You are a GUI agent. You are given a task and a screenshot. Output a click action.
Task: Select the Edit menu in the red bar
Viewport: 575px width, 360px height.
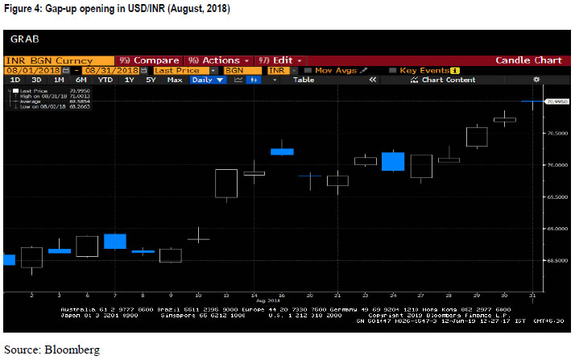point(283,60)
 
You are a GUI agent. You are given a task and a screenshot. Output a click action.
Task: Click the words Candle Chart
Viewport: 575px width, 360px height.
point(528,60)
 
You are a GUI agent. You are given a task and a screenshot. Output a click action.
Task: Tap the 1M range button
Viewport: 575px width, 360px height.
point(59,80)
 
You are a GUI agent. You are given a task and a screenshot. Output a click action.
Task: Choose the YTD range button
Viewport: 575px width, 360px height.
point(105,80)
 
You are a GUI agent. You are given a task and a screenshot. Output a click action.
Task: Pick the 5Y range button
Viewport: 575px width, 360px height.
point(151,80)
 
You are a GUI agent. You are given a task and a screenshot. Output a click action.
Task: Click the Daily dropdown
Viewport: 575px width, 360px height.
point(208,80)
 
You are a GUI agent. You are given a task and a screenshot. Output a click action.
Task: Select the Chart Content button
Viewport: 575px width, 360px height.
point(449,80)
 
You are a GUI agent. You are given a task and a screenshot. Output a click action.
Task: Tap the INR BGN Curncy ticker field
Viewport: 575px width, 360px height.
point(48,60)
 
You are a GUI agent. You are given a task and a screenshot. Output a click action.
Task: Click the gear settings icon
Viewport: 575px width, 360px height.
point(536,80)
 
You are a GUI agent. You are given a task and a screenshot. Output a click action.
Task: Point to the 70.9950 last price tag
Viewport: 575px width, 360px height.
point(557,101)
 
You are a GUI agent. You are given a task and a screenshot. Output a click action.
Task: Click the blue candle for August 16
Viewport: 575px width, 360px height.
point(282,151)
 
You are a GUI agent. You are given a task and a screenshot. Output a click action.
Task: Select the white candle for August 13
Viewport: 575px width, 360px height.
point(226,183)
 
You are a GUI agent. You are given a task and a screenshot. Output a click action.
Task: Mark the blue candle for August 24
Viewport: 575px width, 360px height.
point(393,160)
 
